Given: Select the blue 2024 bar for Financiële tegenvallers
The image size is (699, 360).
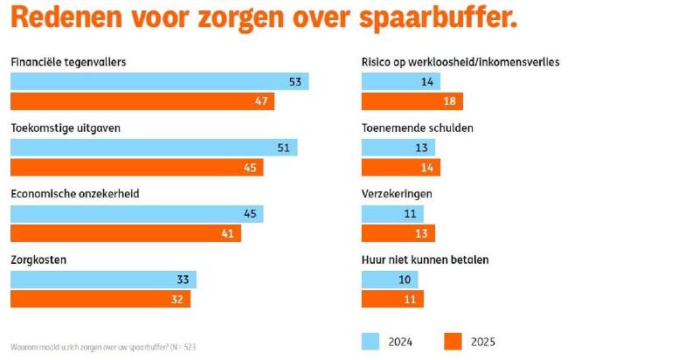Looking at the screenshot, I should [159, 81].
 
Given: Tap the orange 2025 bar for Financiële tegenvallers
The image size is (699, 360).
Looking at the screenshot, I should [142, 101].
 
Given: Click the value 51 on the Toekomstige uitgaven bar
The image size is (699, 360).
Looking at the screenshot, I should [282, 148].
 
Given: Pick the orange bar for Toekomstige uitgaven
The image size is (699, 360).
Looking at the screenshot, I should [136, 168].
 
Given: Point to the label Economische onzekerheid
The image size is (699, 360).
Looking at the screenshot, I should [74, 193].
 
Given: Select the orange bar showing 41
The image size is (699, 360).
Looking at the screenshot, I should [125, 233].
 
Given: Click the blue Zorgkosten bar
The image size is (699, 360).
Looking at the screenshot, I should [103, 280].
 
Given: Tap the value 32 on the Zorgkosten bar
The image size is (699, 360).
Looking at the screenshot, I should [177, 299].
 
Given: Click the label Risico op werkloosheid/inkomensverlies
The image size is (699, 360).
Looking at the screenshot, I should [460, 62].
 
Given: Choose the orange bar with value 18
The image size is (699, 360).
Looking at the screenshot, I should [412, 101].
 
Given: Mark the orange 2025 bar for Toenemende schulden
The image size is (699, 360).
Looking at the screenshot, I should [401, 168].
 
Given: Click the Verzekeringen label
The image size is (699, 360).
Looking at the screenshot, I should [397, 193].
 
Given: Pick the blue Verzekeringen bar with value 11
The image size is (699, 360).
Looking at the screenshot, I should [392, 213].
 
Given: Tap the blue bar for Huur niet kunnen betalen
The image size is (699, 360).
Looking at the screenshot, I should [390, 280].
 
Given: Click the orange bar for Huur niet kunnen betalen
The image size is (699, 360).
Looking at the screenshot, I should [392, 299].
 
